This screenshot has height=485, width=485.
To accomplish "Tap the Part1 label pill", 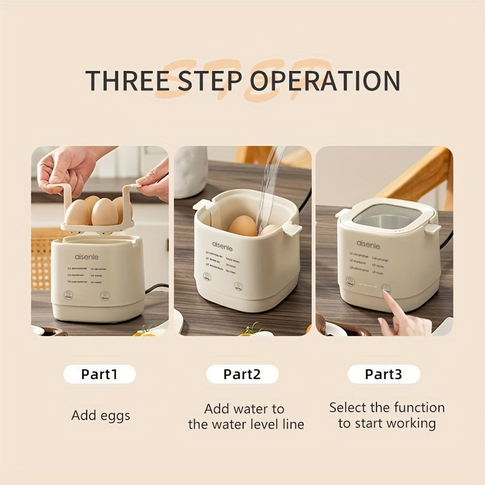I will (99, 374).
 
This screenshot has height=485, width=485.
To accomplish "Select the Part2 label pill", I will (242, 374).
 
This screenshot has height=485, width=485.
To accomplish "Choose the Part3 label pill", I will (383, 374).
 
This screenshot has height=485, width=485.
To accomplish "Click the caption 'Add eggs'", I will (101, 416).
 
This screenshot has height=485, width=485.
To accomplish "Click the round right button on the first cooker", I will (104, 296).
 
